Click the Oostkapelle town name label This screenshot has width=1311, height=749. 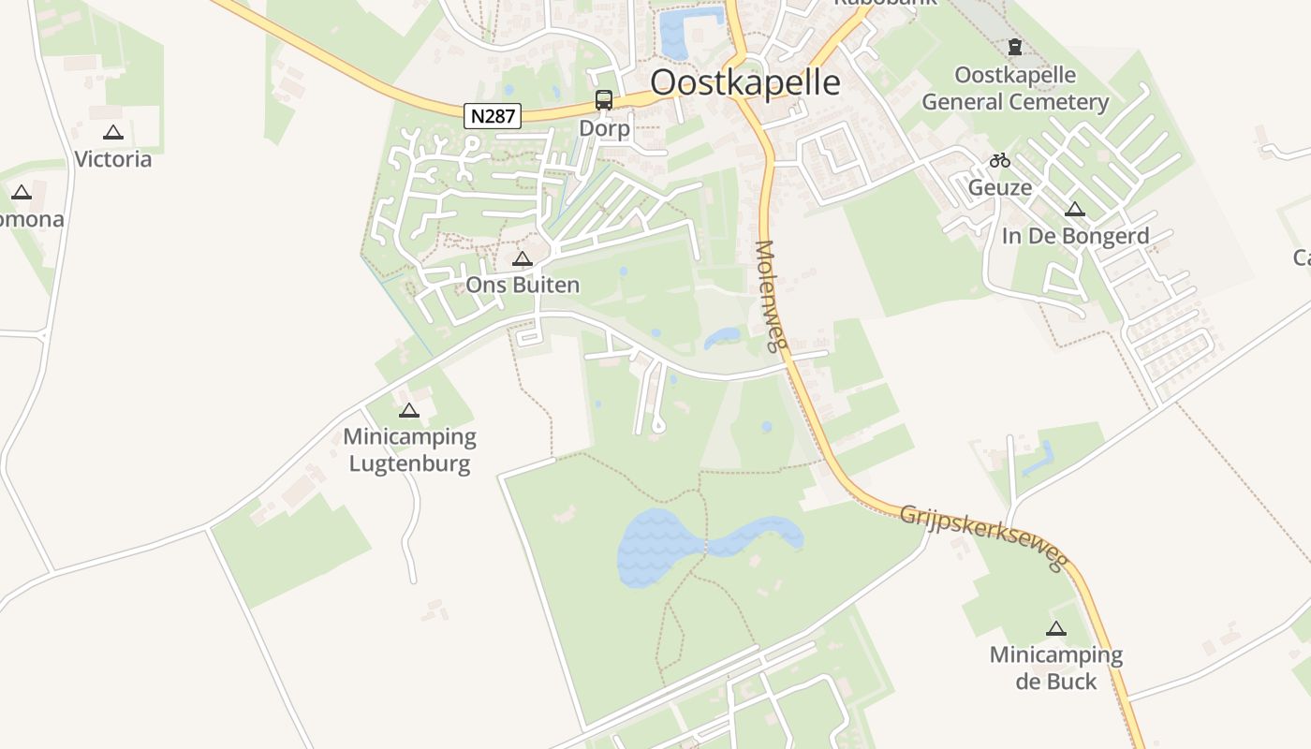(x=744, y=82)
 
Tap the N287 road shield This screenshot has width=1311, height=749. (x=493, y=116)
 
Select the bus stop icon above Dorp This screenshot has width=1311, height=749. (x=604, y=100)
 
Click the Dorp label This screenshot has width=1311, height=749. (x=604, y=127)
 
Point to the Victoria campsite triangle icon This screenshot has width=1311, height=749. (x=113, y=133)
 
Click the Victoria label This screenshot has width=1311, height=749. (x=112, y=159)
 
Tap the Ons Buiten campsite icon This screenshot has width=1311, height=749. (x=523, y=259)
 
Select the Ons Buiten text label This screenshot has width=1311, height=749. (x=523, y=285)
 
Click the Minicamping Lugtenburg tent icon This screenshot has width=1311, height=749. (x=408, y=410)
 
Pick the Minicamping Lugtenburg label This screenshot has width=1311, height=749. (x=409, y=449)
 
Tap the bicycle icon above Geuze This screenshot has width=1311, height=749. (x=1000, y=160)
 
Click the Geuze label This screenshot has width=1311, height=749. (x=1000, y=187)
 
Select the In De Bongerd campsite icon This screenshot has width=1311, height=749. (x=1075, y=210)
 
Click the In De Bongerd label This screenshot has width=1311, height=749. (x=1075, y=236)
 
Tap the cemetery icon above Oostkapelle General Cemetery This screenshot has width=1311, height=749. (x=1015, y=47)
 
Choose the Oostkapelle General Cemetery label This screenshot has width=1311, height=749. (x=1015, y=88)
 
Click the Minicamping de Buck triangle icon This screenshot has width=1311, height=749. (x=1056, y=629)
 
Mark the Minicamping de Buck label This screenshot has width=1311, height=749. (x=1056, y=668)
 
